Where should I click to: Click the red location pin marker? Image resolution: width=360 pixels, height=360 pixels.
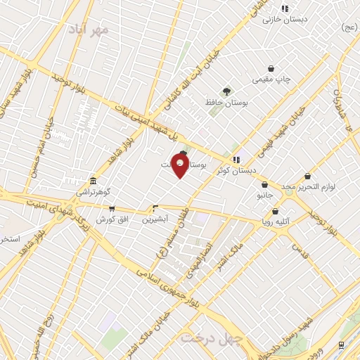point(180,167)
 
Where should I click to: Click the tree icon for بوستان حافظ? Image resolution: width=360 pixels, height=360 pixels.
point(226,91)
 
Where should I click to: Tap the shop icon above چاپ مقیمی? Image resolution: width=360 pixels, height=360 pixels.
point(271,68)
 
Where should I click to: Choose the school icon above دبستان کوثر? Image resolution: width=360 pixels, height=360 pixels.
point(237,159)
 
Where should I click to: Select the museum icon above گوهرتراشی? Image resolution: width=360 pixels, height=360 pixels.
point(93,180)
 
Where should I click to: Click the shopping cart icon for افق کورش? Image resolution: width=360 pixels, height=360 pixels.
point(111,209)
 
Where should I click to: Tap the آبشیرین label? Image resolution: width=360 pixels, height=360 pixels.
point(155,219)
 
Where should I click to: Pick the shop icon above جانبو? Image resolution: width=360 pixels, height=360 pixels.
point(264,185)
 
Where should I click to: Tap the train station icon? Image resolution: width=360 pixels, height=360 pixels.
point(341,345)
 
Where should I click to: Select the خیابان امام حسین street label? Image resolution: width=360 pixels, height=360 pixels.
point(40,151)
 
